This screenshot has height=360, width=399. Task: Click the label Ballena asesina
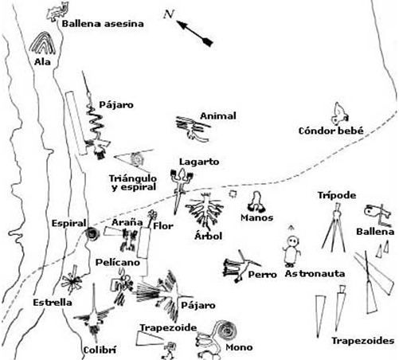[103, 24]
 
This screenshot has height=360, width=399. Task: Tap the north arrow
[194, 33]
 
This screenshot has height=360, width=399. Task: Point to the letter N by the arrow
[168, 14]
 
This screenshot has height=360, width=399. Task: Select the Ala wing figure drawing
[42, 43]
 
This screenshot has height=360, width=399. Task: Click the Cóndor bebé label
[331, 131]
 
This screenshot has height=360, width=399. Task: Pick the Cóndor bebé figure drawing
[339, 114]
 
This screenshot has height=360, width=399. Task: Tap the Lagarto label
[199, 162]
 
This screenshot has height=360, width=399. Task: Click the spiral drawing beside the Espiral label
[92, 234]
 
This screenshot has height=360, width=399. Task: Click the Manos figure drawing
[256, 202]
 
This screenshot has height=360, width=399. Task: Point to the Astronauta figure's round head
[293, 241]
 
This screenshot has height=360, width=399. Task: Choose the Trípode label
[337, 195]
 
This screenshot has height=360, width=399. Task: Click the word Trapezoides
[363, 341]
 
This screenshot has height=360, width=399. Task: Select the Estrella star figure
[72, 280]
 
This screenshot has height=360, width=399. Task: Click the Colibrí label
[100, 350]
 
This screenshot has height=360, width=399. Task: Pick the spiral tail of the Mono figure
[226, 331]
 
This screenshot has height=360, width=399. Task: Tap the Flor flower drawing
[152, 214]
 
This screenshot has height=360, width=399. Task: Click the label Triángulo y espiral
[133, 182]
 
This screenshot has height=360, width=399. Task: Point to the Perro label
[262, 275]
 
